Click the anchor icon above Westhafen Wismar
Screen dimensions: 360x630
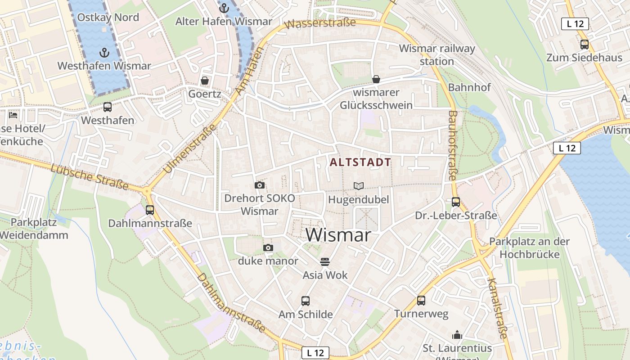click(x=104, y=53)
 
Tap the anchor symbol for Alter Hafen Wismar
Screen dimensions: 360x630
click(x=224, y=8)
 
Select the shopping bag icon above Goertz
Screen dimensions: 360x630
click(x=205, y=81)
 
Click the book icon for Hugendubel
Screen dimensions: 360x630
click(x=358, y=186)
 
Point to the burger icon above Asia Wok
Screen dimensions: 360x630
click(x=325, y=262)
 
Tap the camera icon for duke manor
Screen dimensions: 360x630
click(x=268, y=248)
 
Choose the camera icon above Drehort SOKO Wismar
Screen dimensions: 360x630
click(x=259, y=185)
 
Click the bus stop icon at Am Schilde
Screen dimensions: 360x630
click(x=306, y=301)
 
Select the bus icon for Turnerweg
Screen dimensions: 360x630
click(x=421, y=301)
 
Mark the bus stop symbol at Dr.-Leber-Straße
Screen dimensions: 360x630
click(x=456, y=202)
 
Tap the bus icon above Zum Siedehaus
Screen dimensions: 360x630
click(x=584, y=45)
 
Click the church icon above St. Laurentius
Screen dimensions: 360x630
click(x=457, y=335)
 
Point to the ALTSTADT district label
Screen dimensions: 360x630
click(x=360, y=162)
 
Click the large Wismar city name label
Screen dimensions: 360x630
click(x=338, y=235)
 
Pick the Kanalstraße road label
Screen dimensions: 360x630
click(x=497, y=308)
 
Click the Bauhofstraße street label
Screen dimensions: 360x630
click(x=453, y=145)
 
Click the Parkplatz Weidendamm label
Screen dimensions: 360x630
click(x=34, y=229)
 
